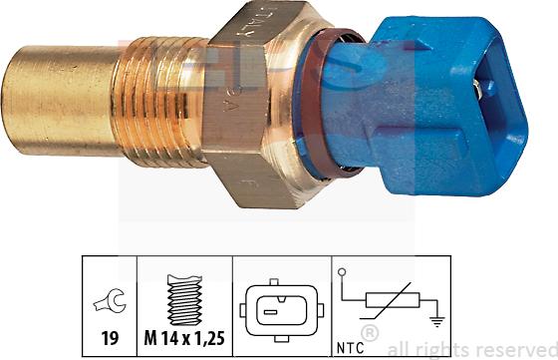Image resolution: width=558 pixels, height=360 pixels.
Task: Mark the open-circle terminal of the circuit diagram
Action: (x=343, y=272)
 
